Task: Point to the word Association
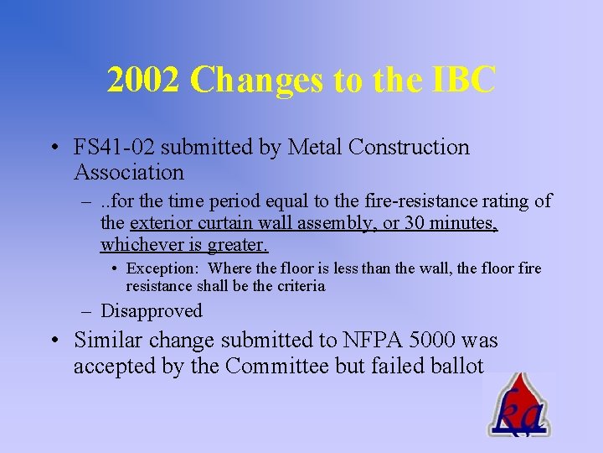(x=129, y=173)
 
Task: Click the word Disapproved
(x=152, y=310)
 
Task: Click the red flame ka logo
(x=518, y=407)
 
